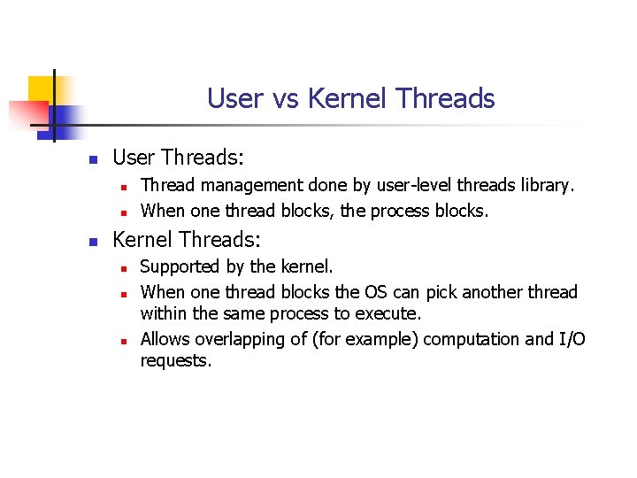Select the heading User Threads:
[178, 158]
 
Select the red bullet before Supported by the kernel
[126, 268]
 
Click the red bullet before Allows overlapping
[126, 341]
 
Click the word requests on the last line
[176, 361]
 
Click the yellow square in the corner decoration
[42, 89]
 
